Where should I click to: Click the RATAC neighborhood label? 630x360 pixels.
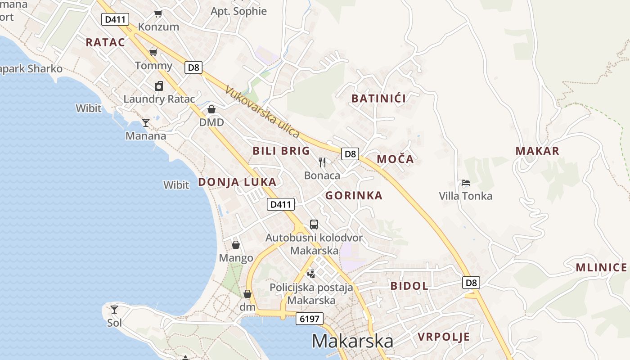[105, 42]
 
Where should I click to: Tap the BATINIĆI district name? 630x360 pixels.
[378, 99]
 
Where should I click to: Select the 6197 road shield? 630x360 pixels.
[310, 319]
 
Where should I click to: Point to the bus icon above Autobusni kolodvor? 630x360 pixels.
[314, 224]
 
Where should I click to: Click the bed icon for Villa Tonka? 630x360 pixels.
[466, 183]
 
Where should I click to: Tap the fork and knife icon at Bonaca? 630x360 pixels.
[322, 162]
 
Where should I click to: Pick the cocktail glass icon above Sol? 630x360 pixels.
[114, 309]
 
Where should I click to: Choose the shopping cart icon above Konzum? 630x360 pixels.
[158, 13]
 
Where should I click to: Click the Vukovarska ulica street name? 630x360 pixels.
[263, 112]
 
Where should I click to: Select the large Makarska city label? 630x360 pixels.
[352, 341]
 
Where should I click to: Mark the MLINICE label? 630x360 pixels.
[601, 268]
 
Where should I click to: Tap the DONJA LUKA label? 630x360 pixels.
[237, 182]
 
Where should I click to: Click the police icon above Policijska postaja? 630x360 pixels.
[311, 273]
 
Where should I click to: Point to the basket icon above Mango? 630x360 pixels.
[236, 245]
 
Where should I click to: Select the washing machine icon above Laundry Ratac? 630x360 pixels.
[159, 86]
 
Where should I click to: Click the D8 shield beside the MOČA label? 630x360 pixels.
[350, 154]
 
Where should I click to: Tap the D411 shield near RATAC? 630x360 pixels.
[116, 19]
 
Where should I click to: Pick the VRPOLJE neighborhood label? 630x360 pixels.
[444, 337]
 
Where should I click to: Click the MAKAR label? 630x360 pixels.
[537, 151]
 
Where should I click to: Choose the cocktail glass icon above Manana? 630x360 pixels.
[146, 122]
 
